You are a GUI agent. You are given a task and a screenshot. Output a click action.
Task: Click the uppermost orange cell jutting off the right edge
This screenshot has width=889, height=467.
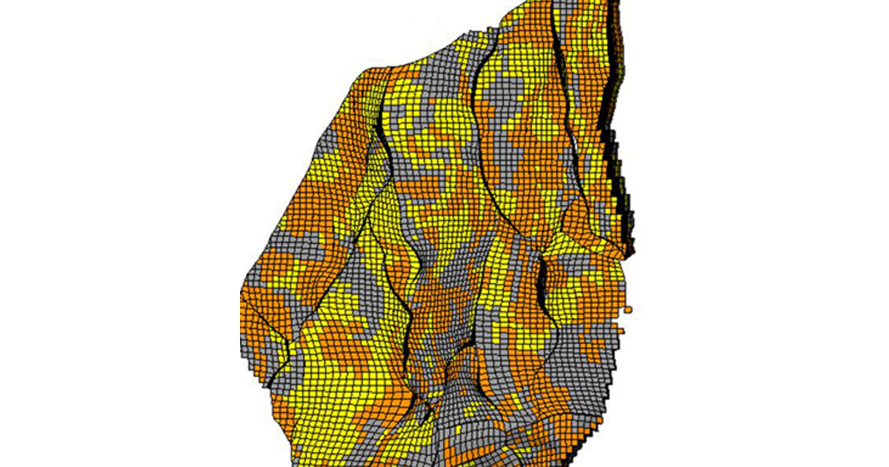628,307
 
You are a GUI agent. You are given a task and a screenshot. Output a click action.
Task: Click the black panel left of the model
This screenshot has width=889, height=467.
119,233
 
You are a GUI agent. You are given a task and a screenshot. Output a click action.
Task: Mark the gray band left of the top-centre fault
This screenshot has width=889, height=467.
444,82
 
